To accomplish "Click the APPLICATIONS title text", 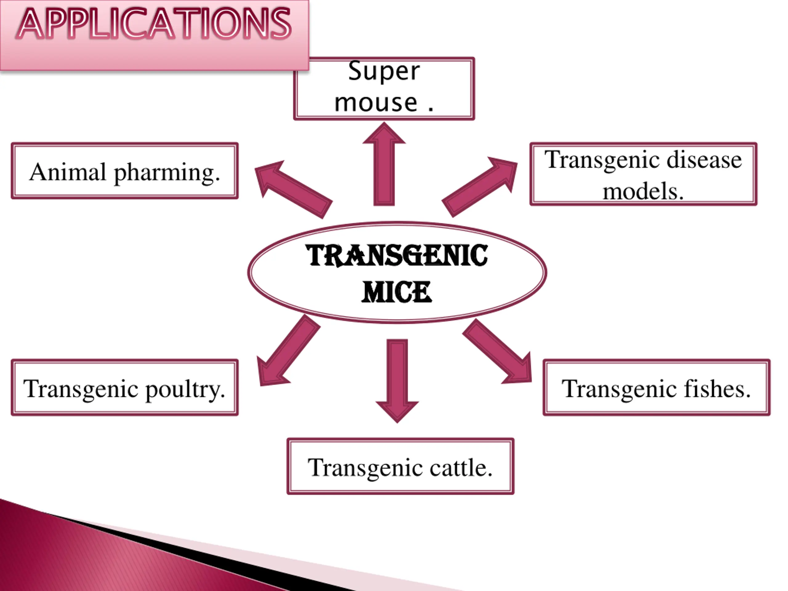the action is (154, 24).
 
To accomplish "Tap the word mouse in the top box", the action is (376, 103).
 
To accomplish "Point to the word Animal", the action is (68, 172).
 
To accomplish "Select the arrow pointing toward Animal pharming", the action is (294, 189).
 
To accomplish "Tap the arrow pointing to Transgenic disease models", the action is (479, 187).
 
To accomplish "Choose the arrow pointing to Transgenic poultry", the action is (288, 351).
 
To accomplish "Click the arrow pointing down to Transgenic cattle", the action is (397, 380).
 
